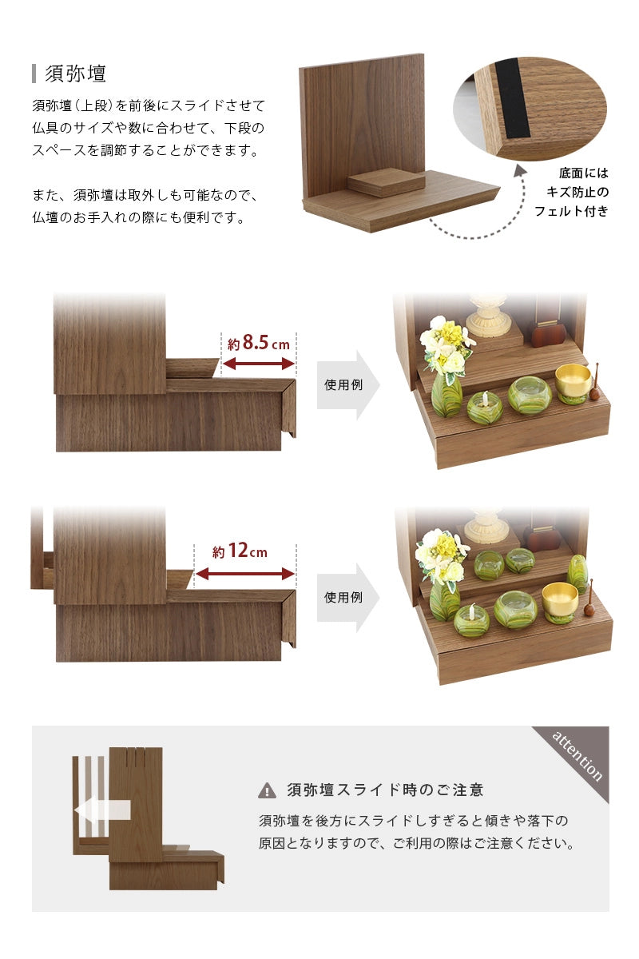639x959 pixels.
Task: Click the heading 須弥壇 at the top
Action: tap(75, 74)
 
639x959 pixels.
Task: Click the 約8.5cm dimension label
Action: tap(259, 343)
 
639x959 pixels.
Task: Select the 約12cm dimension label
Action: tap(240, 551)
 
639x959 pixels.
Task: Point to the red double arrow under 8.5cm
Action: tap(259, 364)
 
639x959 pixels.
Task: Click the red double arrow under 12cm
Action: tap(244, 574)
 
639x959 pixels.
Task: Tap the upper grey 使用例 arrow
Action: tap(348, 384)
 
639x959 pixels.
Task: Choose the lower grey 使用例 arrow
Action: tap(348, 597)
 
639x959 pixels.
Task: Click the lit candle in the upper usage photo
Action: tap(484, 406)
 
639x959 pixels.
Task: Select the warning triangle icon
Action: tap(267, 790)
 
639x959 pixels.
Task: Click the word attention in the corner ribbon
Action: tap(577, 756)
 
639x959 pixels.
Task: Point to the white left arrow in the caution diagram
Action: tap(102, 810)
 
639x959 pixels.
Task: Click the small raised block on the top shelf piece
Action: tap(386, 182)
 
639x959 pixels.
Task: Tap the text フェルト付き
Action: tap(571, 211)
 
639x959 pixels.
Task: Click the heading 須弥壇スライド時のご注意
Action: tap(385, 790)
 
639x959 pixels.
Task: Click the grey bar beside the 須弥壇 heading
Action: tap(34, 74)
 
